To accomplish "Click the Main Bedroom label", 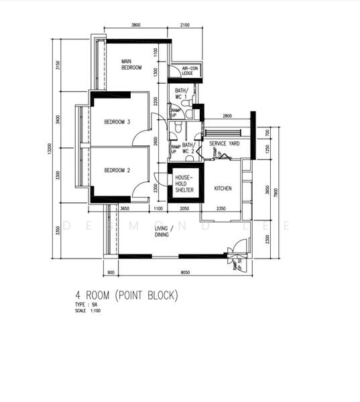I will pyautogui.click(x=131, y=64).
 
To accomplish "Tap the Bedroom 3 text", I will pyautogui.click(x=117, y=122).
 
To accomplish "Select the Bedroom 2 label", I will pyautogui.click(x=117, y=170).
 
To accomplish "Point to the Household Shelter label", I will pyautogui.click(x=184, y=184).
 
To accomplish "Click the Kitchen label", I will pyautogui.click(x=223, y=189).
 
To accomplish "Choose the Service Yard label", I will pyautogui.click(x=225, y=144).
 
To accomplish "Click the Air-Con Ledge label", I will pyautogui.click(x=190, y=71).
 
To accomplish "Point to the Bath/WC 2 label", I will pyautogui.click(x=188, y=149).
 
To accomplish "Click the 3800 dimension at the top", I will pyautogui.click(x=136, y=25).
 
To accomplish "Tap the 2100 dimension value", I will pyautogui.click(x=185, y=25).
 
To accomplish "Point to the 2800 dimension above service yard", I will pyautogui.click(x=227, y=117).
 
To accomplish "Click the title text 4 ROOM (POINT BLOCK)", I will pyautogui.click(x=127, y=295).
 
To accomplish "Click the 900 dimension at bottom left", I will pyautogui.click(x=111, y=273).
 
